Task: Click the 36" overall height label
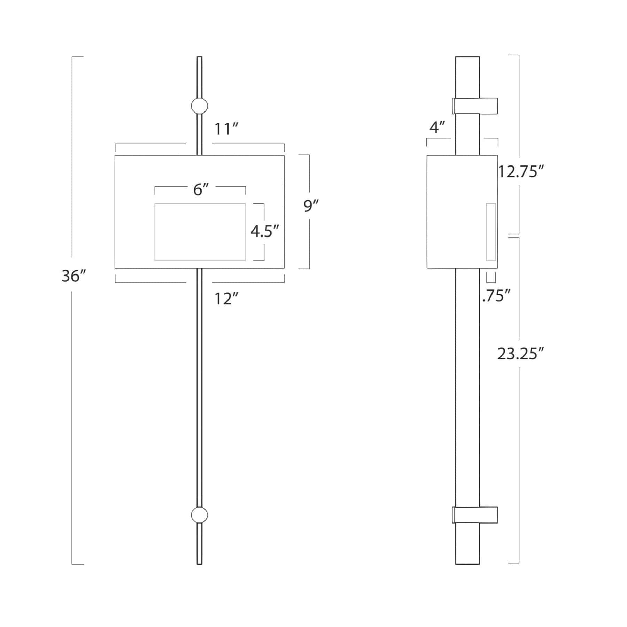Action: [73, 276]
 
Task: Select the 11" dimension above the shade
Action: [226, 129]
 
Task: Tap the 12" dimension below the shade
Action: [226, 299]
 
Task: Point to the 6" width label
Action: [201, 190]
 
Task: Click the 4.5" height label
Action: [265, 231]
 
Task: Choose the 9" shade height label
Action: [311, 206]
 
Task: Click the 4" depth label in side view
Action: [438, 127]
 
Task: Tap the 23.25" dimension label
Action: [520, 354]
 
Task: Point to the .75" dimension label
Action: [496, 296]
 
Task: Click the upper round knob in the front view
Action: [200, 106]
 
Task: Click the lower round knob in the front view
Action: [200, 515]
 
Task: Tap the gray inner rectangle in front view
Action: [200, 232]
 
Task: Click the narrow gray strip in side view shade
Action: [491, 232]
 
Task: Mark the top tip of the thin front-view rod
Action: [200, 58]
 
